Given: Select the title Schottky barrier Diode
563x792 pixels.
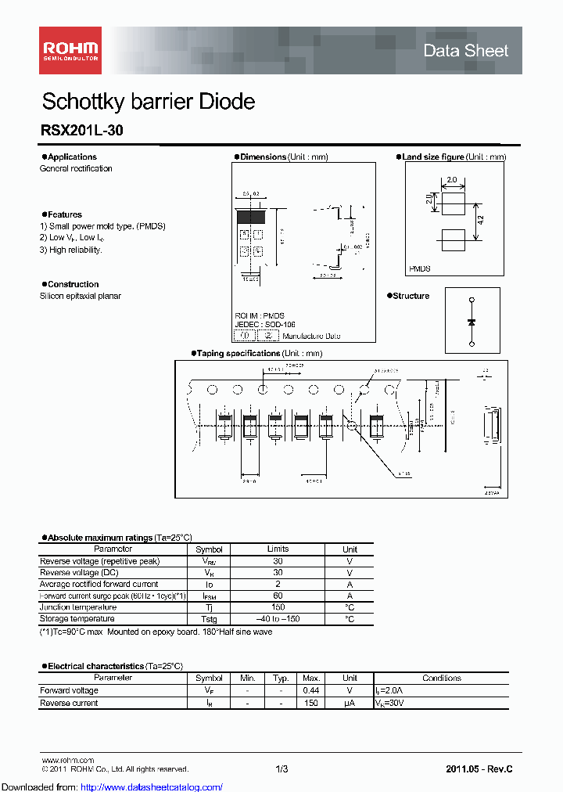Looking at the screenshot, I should point(148,102).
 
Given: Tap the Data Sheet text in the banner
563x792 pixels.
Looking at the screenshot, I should point(465,51).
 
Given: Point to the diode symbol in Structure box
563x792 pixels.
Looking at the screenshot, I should point(472,322).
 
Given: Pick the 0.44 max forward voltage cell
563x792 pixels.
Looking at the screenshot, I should point(311,690).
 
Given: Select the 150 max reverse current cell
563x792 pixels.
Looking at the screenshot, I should point(311,703).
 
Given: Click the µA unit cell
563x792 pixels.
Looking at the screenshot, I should point(350,703).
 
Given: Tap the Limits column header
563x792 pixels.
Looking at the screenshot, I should point(278,549).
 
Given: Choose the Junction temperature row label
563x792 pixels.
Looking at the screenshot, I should point(77,607).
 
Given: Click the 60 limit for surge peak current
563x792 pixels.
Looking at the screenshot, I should point(278,596).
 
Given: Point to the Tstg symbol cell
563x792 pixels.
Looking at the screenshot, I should point(209,619).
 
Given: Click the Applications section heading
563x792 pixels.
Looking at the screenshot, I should point(72,157).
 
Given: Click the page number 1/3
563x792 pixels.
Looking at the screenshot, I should point(281,769).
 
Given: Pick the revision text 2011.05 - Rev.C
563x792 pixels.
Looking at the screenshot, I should point(479,769).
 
